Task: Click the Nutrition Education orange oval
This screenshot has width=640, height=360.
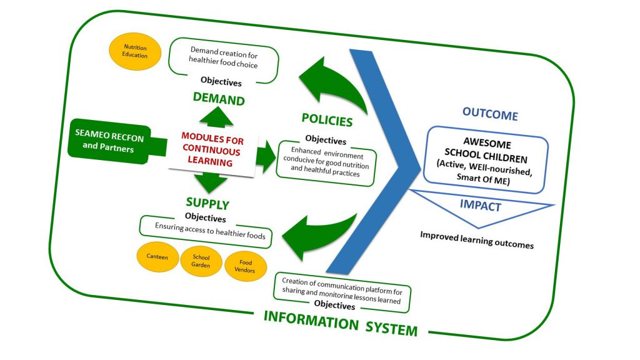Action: click(136, 51)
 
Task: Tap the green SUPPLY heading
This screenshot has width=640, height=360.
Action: click(207, 204)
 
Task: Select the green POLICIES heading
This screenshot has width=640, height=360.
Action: click(327, 120)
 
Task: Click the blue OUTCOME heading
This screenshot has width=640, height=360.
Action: click(490, 115)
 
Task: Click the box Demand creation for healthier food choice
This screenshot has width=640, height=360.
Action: click(224, 61)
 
